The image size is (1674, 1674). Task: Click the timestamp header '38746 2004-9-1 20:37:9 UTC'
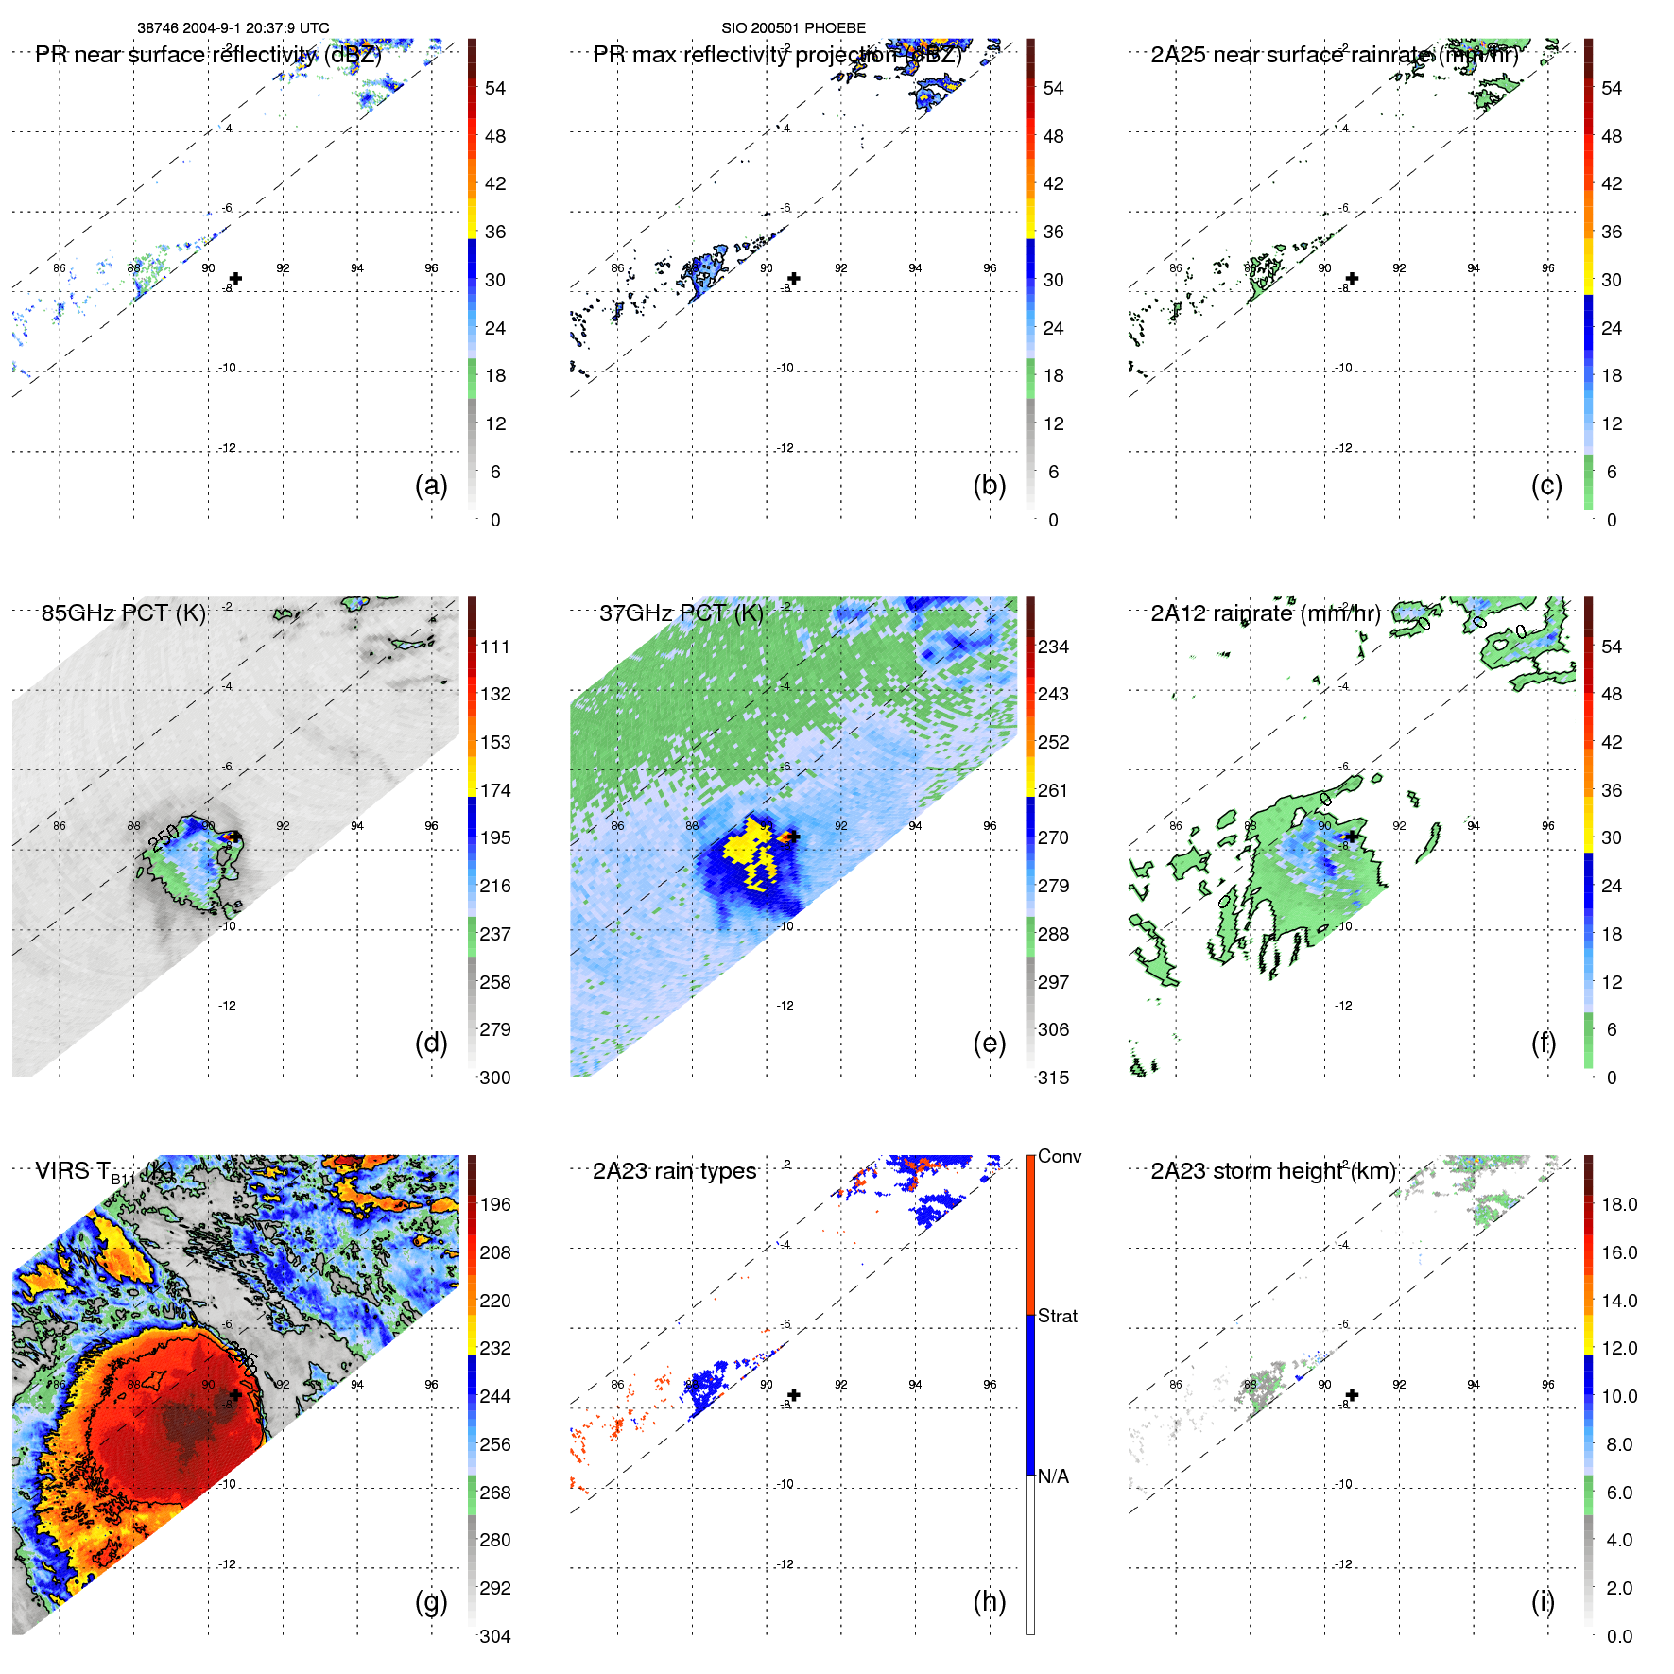tap(233, 28)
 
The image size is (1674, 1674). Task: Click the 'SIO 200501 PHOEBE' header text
tap(793, 28)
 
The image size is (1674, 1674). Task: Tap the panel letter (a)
tap(431, 486)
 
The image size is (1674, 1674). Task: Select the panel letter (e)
tap(989, 1044)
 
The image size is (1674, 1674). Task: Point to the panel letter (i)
tap(1543, 1601)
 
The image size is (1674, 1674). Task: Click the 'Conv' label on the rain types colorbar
tap(1059, 1157)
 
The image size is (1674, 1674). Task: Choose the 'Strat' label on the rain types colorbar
tap(1057, 1317)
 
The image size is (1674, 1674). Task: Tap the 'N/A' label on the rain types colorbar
tap(1053, 1476)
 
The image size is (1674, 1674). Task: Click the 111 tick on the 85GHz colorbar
tap(494, 647)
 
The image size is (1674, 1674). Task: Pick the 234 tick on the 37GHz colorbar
tap(1053, 647)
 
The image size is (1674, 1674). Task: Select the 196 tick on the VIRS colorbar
tap(494, 1205)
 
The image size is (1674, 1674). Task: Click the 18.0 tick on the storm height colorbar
tap(1618, 1205)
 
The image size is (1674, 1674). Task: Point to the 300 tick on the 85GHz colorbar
tap(494, 1079)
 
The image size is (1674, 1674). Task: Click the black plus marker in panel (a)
tap(235, 279)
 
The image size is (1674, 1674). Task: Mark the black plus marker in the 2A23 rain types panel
tap(794, 1395)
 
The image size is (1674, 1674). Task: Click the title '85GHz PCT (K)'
tap(123, 613)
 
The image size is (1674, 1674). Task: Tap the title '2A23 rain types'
tap(674, 1172)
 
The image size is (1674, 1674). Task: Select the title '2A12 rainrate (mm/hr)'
tap(1265, 613)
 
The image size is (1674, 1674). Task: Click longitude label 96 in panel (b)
tap(989, 268)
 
